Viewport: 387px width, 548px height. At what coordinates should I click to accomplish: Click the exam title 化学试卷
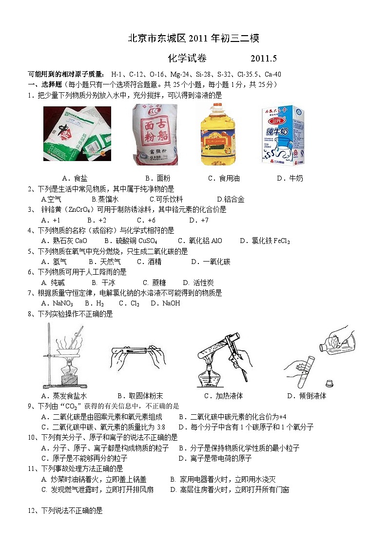click(x=187, y=59)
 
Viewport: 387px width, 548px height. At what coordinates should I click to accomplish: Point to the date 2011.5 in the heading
click(x=264, y=59)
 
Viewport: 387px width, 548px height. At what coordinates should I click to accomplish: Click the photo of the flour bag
click(x=156, y=134)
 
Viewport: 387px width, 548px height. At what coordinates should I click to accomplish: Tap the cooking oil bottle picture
click(x=218, y=135)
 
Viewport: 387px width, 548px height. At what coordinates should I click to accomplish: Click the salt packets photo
click(x=77, y=134)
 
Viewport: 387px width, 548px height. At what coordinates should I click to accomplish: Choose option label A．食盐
click(x=75, y=178)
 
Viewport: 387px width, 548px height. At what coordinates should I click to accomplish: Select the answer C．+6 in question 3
click(x=146, y=220)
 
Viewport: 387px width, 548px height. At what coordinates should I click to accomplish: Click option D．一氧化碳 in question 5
click(x=211, y=262)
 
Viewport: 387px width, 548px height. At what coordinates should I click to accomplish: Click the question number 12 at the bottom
click(x=32, y=510)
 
